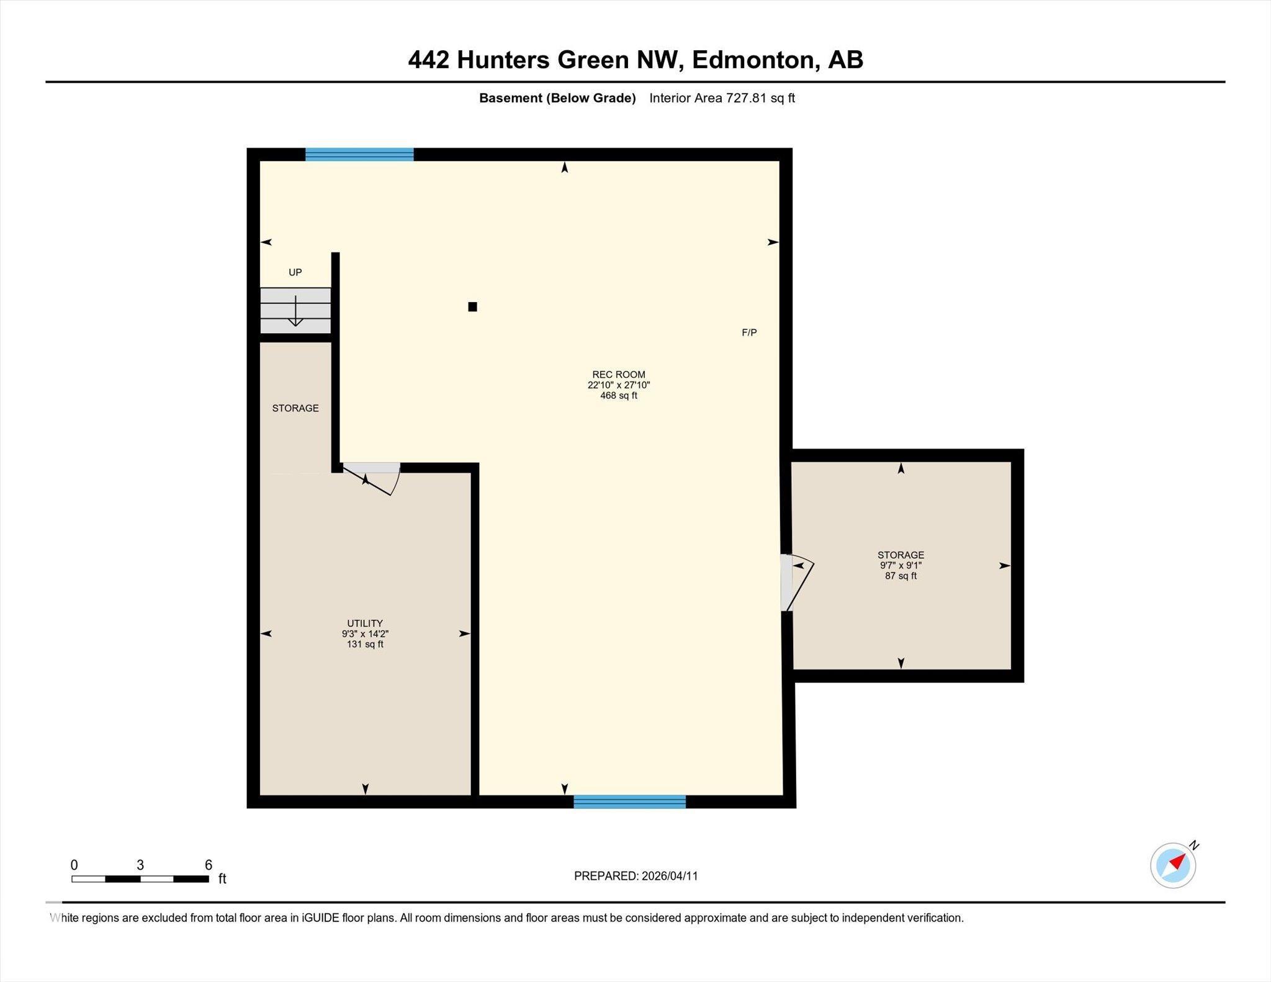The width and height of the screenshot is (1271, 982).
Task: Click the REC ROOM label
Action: pos(618,374)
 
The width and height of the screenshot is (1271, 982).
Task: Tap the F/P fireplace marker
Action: pos(749,333)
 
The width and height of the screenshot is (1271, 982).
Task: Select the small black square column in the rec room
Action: pos(472,306)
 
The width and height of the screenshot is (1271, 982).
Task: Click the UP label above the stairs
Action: pos(295,272)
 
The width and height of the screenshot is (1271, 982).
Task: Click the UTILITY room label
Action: pos(365,623)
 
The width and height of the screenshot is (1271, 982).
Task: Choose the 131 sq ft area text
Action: pos(365,644)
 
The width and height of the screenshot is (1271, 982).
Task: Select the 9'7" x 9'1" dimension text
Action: pos(900,565)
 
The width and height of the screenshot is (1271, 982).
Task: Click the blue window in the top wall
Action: pos(359,154)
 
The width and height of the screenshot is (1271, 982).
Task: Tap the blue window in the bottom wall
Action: pos(629,801)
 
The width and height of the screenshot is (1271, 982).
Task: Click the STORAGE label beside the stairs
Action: pos(295,408)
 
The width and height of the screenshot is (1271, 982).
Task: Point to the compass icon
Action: pos(1173,865)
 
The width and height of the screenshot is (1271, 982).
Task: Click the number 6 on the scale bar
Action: pos(209,865)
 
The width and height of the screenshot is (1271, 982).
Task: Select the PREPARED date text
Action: pos(635,876)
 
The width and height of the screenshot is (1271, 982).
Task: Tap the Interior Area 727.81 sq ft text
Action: pos(722,98)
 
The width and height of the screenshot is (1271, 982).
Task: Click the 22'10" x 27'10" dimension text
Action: pos(618,385)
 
